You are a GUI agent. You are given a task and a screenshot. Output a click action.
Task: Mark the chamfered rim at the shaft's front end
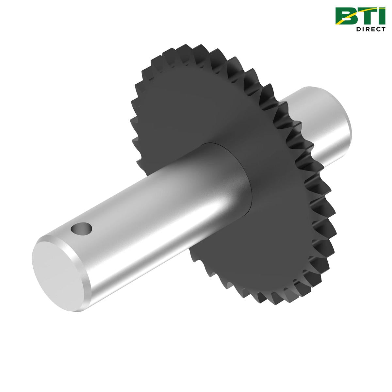86,281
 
